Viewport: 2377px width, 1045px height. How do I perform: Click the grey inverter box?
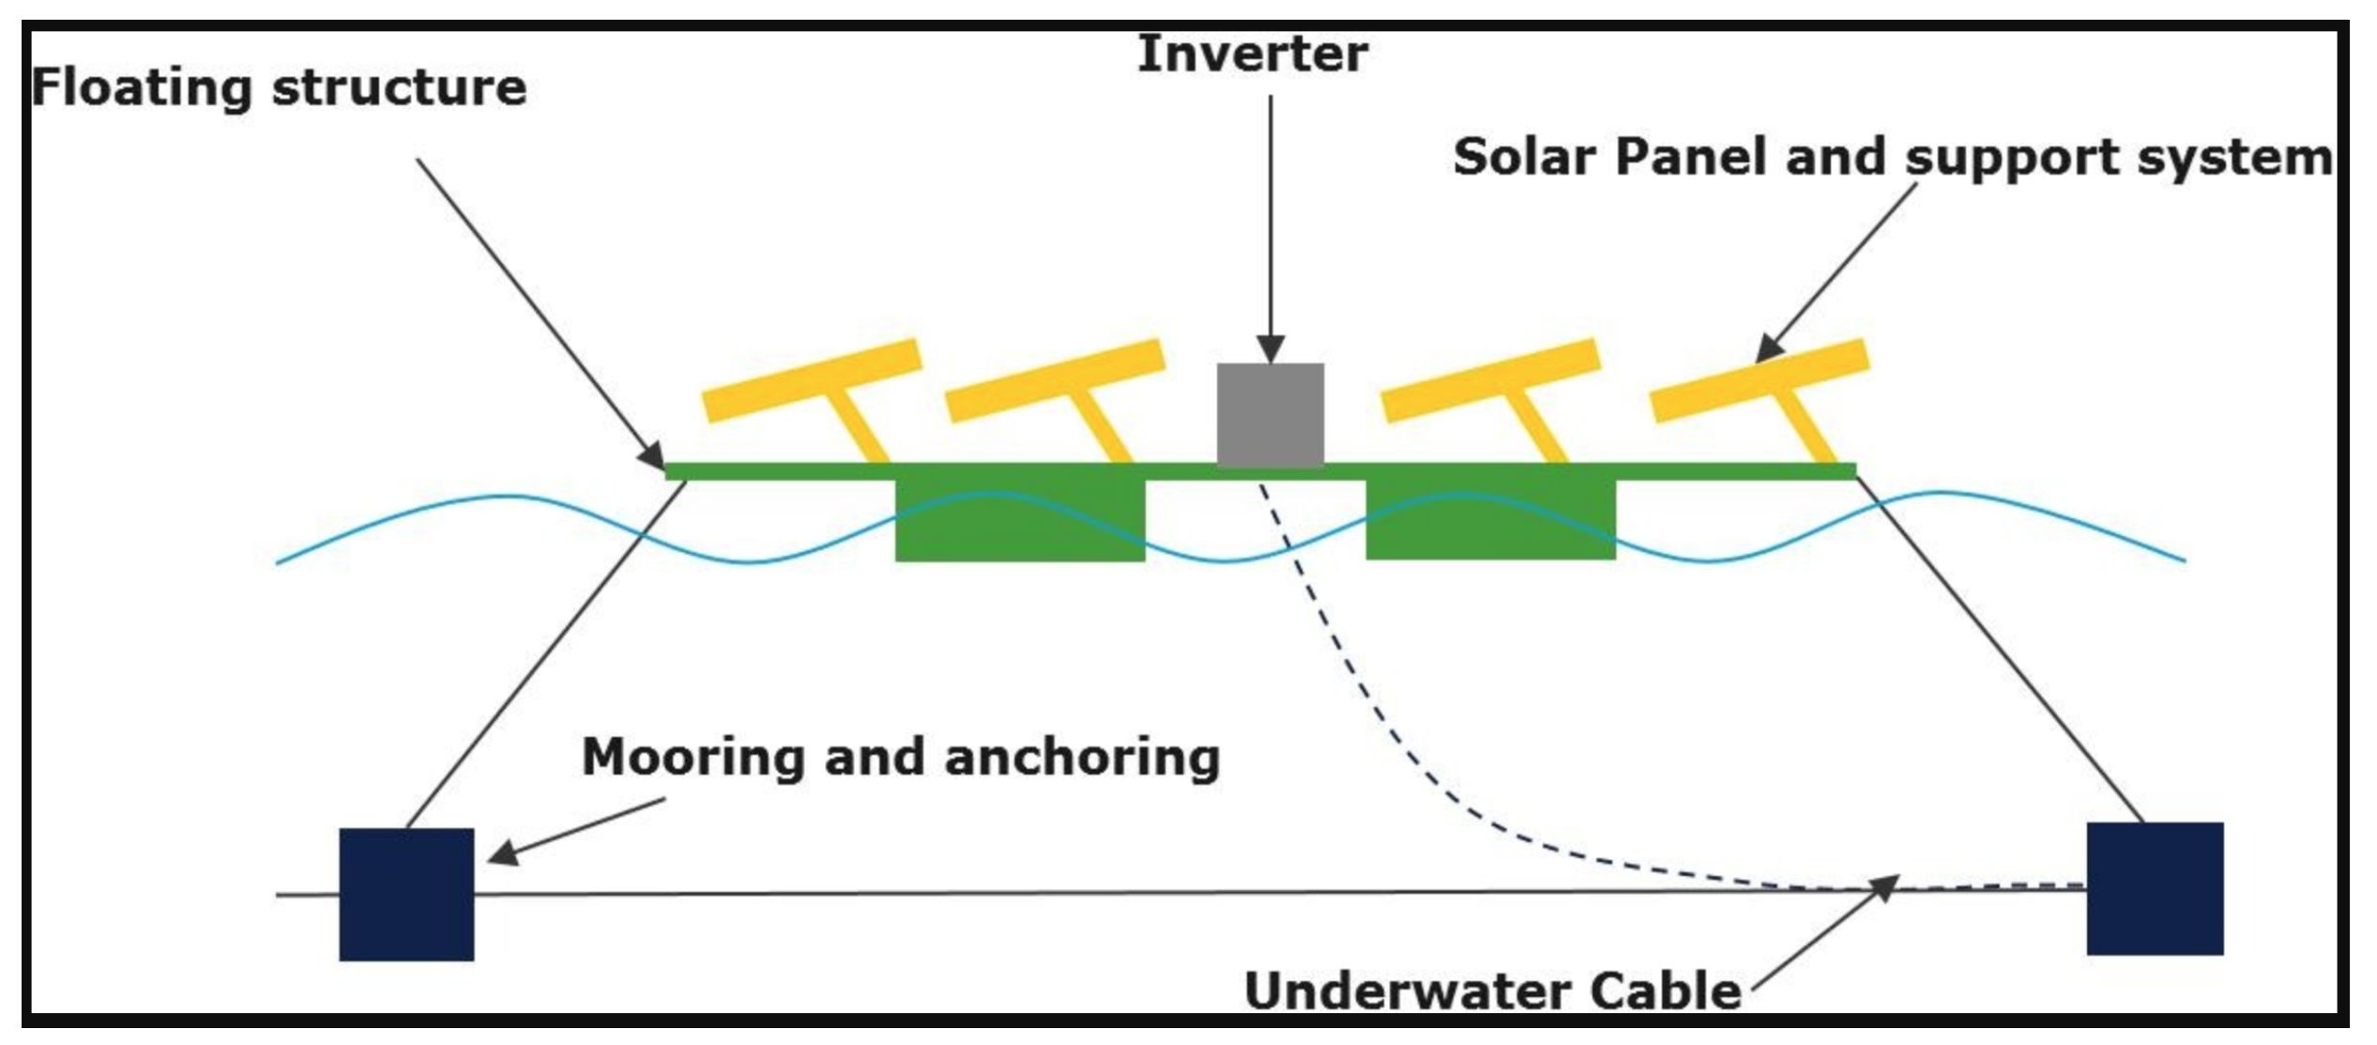point(1270,414)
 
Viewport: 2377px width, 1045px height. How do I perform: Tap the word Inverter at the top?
point(1252,54)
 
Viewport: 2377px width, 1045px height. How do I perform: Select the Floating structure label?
point(279,88)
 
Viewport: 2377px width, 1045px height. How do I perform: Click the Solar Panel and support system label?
point(1892,157)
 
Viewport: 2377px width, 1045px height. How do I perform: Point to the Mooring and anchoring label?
point(900,757)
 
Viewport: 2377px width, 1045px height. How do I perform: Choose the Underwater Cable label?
point(1492,991)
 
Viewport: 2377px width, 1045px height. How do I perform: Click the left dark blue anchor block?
point(406,894)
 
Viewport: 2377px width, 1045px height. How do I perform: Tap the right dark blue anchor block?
point(2155,889)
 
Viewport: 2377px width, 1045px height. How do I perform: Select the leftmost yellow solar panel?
point(813,379)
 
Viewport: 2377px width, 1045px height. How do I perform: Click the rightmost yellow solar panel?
point(1760,379)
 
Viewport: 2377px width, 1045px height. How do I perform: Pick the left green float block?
point(1020,521)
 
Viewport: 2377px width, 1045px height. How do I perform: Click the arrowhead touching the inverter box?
point(1271,349)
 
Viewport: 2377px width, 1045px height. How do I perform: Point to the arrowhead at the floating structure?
point(653,456)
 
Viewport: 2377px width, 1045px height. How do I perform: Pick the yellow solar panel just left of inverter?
point(1056,379)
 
